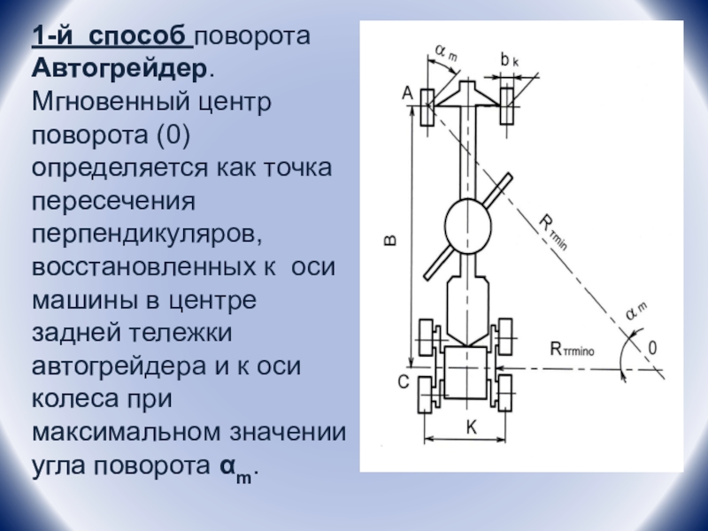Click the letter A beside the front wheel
coord(407,91)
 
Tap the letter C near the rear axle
coord(403,382)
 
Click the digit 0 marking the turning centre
coord(653,348)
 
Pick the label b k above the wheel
coord(510,60)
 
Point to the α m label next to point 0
coord(636,310)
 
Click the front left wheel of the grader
coord(427,106)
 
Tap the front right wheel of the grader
coord(509,106)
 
